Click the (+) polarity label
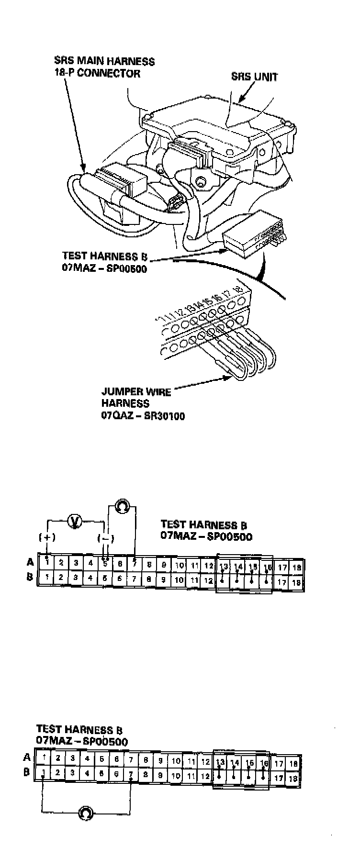pos(46,537)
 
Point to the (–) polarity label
pos(105,538)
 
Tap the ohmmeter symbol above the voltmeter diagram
pos(122,506)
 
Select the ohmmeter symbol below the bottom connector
pos(86,812)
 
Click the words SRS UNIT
pos(254,77)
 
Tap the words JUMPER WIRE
pos(135,392)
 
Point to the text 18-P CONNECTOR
pos(97,73)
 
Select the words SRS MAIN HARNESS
pos(104,62)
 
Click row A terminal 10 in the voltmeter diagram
pos(180,565)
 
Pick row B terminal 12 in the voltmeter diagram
pos(208,580)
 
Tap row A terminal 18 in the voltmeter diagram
pos(297,567)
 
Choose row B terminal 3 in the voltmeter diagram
pos(76,578)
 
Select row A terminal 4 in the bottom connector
pos(87,758)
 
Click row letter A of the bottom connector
pos(27,757)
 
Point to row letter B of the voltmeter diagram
pos(29,577)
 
